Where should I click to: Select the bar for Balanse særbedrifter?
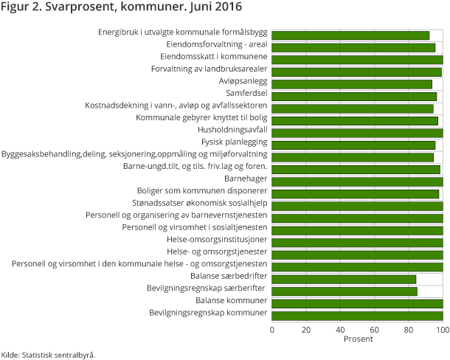point(344,279)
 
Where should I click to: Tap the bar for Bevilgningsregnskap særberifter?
point(345,291)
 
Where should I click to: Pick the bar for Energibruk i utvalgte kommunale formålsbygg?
point(350,35)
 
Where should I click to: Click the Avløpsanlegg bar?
point(352,84)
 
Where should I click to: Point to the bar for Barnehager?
point(357,181)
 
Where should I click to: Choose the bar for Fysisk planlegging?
point(353,145)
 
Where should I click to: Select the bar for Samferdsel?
point(354,97)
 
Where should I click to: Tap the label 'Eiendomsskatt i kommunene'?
point(213,57)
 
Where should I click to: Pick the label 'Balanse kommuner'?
point(231,301)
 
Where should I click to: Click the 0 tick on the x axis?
point(272,330)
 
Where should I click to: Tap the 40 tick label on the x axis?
point(340,330)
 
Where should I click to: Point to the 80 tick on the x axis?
point(409,330)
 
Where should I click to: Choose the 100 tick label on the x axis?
point(442,330)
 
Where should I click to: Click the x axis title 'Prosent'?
point(358,339)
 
